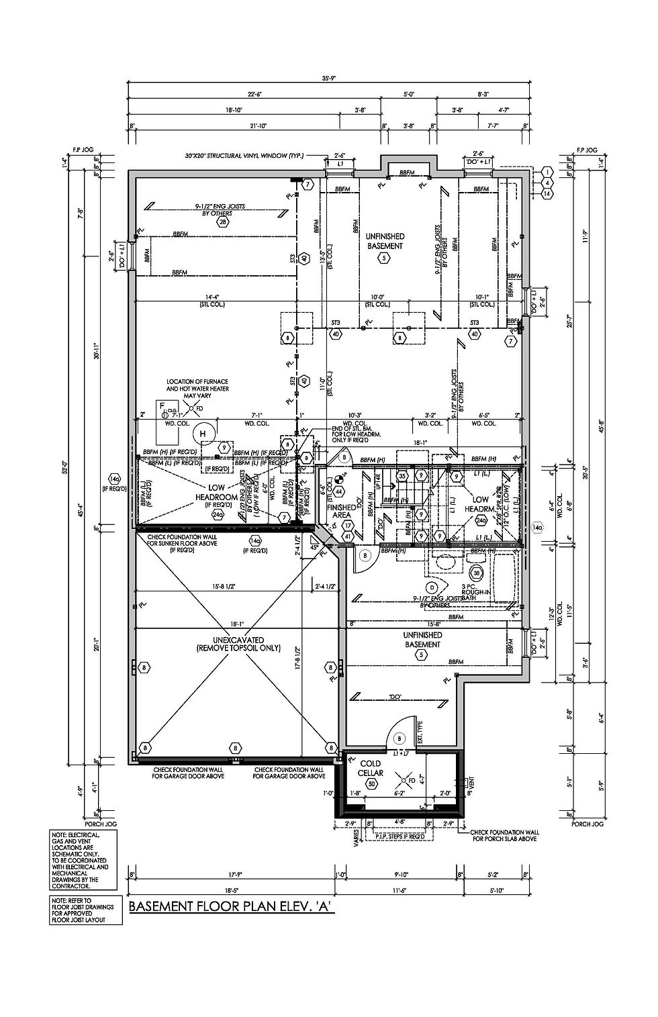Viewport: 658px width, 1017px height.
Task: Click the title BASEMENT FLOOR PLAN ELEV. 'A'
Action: point(230,907)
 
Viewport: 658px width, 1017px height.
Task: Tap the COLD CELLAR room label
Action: point(371,768)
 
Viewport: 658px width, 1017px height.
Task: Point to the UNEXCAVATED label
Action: point(238,644)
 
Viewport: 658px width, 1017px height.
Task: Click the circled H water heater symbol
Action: point(201,434)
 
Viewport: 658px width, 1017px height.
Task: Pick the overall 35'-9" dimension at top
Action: point(328,79)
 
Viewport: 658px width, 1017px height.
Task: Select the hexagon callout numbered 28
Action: point(222,221)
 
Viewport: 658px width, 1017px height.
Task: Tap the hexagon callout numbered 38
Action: point(476,574)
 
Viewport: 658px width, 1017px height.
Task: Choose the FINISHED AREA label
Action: point(341,512)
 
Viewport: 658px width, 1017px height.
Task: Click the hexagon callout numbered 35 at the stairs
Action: point(402,476)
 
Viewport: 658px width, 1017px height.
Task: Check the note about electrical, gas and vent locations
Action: point(84,861)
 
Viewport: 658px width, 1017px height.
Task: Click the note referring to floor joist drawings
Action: point(84,910)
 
